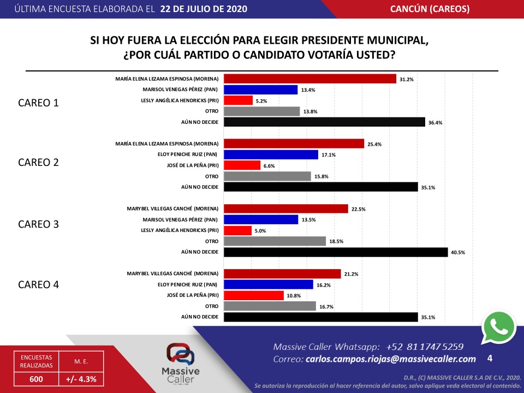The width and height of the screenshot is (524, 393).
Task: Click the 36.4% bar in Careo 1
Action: click(324, 122)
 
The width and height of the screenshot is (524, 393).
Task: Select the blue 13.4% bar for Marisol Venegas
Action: click(261, 90)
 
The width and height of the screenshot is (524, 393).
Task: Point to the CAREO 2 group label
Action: click(38, 162)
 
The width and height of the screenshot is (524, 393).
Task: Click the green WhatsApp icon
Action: click(498, 327)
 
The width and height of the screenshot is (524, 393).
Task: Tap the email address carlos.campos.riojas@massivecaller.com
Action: click(391, 359)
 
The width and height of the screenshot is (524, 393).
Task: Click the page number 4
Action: click(490, 359)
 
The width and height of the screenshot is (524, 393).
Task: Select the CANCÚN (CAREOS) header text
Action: click(430, 9)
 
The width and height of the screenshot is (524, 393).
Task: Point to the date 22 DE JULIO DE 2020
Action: click(204, 9)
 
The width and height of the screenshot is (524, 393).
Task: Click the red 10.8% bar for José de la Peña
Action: click(254, 295)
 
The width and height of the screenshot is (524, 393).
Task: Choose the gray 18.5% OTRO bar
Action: click(275, 241)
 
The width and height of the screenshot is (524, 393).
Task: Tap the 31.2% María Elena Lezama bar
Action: click(310, 79)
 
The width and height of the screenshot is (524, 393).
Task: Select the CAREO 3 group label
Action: click(38, 224)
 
